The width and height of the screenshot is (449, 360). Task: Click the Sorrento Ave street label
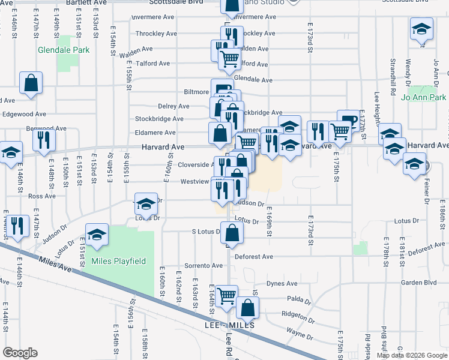[x=203, y=265]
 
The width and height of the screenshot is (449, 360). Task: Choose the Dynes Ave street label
[x=282, y=283]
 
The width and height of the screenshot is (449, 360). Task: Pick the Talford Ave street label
[x=153, y=63]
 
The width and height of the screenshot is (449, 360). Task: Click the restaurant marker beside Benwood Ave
[x=43, y=139]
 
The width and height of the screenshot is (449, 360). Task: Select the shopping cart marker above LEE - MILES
[x=226, y=295]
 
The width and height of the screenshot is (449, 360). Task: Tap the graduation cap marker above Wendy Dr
[x=421, y=28]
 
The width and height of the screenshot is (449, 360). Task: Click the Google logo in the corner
[x=20, y=352]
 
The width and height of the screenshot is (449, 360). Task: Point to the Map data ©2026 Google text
[x=412, y=355]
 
